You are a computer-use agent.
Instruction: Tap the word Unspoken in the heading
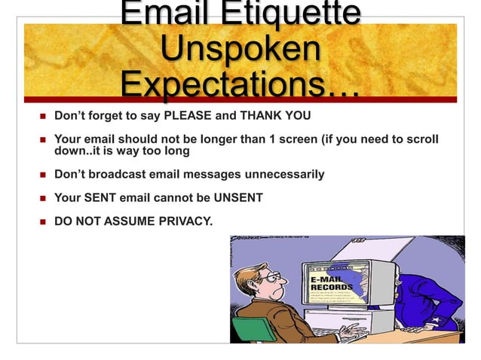click(x=240, y=50)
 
